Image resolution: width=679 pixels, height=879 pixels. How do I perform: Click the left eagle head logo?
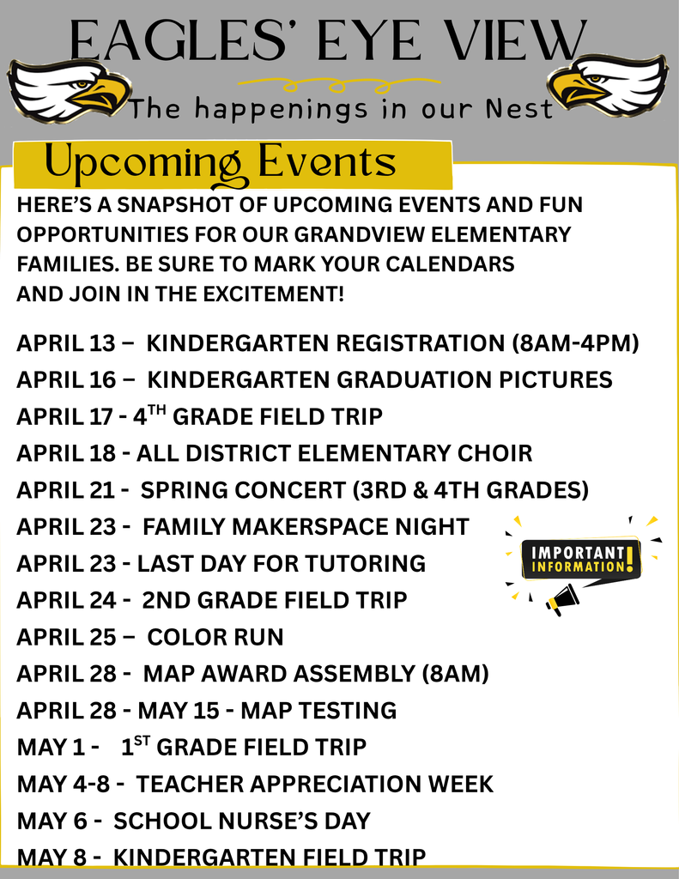click(x=69, y=89)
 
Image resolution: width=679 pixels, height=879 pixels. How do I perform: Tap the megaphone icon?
click(x=563, y=598)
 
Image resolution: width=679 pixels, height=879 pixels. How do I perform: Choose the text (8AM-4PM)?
click(x=575, y=343)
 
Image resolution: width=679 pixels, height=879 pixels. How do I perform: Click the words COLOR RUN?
click(x=215, y=638)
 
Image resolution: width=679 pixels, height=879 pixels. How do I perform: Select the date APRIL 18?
click(x=66, y=453)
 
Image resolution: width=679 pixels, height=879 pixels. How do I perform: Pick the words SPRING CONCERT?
click(x=243, y=490)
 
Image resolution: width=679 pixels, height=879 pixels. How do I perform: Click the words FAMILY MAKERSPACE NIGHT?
click(x=306, y=527)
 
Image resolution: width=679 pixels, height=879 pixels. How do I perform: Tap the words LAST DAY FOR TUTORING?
click(x=282, y=564)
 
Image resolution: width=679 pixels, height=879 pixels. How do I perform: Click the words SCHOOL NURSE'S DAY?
click(x=242, y=821)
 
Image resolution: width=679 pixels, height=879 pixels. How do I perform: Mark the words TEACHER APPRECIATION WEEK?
click(x=315, y=785)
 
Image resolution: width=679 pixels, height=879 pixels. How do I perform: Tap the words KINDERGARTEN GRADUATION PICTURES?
click(x=379, y=380)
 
